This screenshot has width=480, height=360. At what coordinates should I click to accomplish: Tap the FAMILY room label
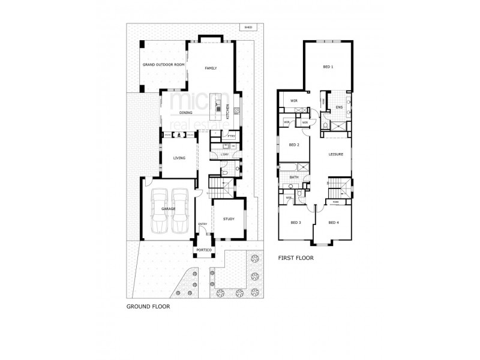[x=210, y=68]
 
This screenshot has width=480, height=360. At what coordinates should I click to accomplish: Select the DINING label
[x=185, y=113]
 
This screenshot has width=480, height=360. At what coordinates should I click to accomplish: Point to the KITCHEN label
[x=227, y=112]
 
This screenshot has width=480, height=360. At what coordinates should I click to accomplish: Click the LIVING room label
[x=179, y=158]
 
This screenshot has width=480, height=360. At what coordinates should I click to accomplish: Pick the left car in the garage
[x=160, y=211]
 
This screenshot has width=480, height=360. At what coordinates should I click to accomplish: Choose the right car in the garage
[x=179, y=211]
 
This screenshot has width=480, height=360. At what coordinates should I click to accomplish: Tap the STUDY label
[x=228, y=220]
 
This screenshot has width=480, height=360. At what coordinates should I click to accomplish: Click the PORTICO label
[x=202, y=250]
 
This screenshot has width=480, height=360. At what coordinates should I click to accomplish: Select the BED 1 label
[x=328, y=67]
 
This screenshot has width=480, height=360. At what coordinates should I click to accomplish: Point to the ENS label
[x=338, y=108]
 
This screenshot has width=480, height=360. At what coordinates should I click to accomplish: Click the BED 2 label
[x=294, y=145]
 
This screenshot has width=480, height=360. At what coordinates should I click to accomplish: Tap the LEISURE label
[x=335, y=154]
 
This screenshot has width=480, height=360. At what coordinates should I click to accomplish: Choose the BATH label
[x=294, y=178]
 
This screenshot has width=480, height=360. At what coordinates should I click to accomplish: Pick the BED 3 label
[x=295, y=223]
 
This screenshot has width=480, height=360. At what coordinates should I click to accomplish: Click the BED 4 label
[x=334, y=223]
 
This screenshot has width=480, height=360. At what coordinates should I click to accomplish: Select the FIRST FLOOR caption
[x=296, y=259]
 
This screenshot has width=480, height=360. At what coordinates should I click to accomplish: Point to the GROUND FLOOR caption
[x=148, y=306]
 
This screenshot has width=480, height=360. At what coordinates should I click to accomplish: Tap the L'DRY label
[x=224, y=155]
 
